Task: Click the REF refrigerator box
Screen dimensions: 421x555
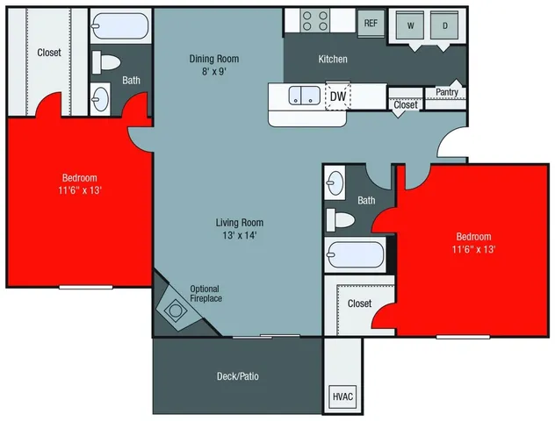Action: coord(371,24)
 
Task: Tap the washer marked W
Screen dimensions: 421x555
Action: coord(410,26)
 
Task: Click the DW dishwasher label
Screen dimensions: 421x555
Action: coord(337,96)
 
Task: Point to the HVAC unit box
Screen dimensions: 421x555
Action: coord(342,397)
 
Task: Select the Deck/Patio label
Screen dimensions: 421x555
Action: coord(237,376)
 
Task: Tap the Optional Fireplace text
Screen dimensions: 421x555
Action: coord(205,294)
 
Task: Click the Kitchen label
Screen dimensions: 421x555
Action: coord(333,60)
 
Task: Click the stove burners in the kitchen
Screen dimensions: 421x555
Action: coord(314,20)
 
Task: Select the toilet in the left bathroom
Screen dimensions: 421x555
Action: coord(107,64)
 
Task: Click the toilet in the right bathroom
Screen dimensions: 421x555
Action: coord(339,218)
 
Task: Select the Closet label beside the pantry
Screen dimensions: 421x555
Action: coord(406,105)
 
